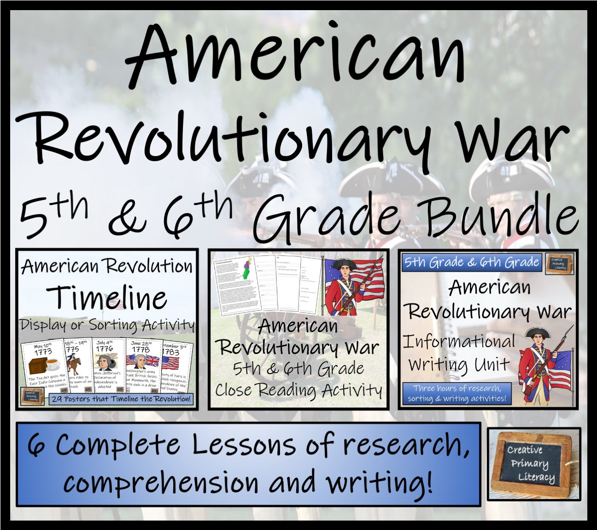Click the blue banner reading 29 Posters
point(121,399)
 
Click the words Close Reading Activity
point(298,390)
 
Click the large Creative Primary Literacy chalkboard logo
point(533,463)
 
